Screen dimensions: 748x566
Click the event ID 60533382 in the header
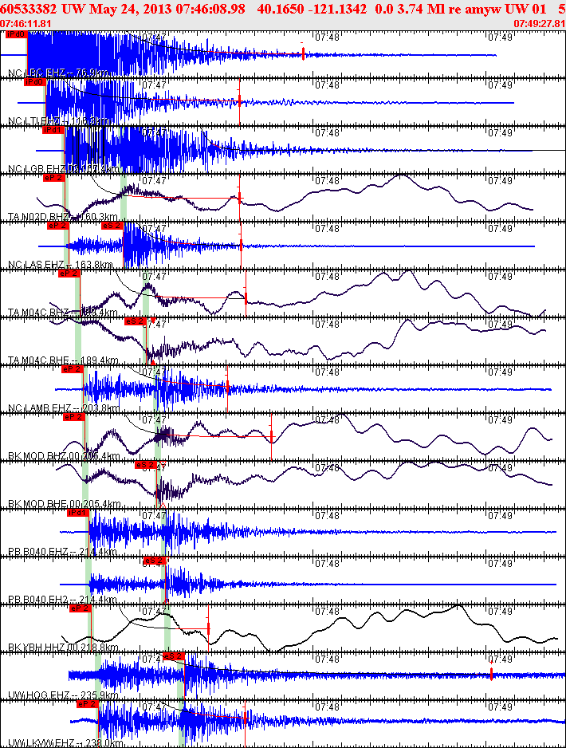pos(29,7)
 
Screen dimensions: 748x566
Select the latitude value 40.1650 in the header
pos(300,7)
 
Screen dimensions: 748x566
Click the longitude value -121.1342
pos(346,7)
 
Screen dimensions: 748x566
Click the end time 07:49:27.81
pos(540,23)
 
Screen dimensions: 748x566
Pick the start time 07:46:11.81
pos(26,23)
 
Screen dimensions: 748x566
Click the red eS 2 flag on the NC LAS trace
pos(112,226)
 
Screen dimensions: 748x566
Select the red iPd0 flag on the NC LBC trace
pos(15,35)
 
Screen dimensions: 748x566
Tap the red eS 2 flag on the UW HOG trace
pos(172,656)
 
